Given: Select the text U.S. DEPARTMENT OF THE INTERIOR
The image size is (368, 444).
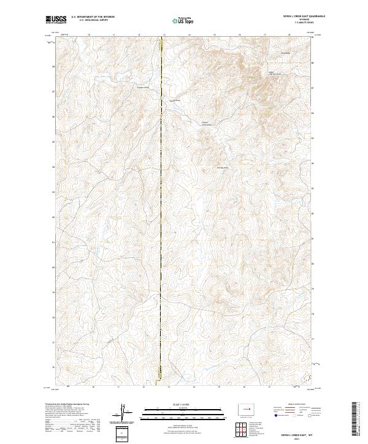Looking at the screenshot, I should pos(92,18).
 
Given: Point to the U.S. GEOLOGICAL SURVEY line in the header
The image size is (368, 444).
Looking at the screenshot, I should pos(92,21).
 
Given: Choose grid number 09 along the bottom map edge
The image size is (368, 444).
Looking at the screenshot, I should pos(67,387).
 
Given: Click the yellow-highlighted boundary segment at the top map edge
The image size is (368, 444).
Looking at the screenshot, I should pos(161,44).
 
